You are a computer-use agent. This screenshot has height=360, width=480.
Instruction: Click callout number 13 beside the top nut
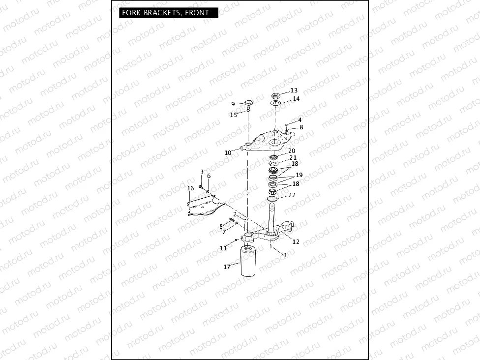pos(294,90)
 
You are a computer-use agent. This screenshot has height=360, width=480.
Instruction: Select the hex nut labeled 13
pos(276,95)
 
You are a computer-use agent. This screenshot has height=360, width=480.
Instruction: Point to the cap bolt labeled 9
pos(248,103)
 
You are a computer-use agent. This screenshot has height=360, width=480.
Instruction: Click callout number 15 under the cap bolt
pos(234,115)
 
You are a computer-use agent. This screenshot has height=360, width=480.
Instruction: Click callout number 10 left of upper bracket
pos(228,153)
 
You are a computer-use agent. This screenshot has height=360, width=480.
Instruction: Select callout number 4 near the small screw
pos(300,120)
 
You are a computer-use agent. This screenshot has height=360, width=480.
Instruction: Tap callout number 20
pos(292,151)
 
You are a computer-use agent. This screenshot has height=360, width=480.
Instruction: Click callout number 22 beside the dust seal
pos(292,195)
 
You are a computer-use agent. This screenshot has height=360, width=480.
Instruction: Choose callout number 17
pos(227,267)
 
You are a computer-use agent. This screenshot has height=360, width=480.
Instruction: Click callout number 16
pos(190,188)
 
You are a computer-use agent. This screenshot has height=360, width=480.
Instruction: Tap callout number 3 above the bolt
pos(202,172)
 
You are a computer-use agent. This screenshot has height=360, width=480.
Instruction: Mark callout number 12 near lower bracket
pos(296,241)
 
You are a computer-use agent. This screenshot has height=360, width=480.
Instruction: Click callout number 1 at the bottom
pos(286,255)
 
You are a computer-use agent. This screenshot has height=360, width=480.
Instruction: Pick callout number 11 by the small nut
pos(223,248)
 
